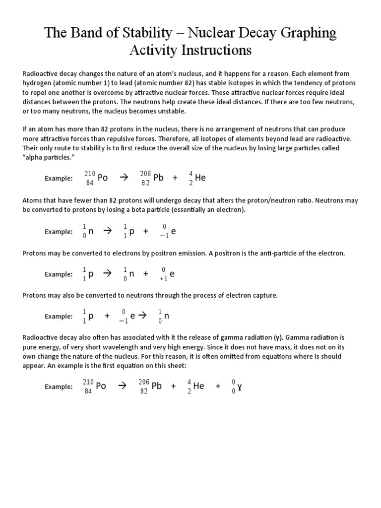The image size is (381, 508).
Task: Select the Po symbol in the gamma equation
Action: [x=101, y=386]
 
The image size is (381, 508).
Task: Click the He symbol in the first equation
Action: [x=200, y=178]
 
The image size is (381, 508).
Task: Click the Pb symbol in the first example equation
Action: [x=158, y=178]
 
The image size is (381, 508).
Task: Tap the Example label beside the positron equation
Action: [x=59, y=274]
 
